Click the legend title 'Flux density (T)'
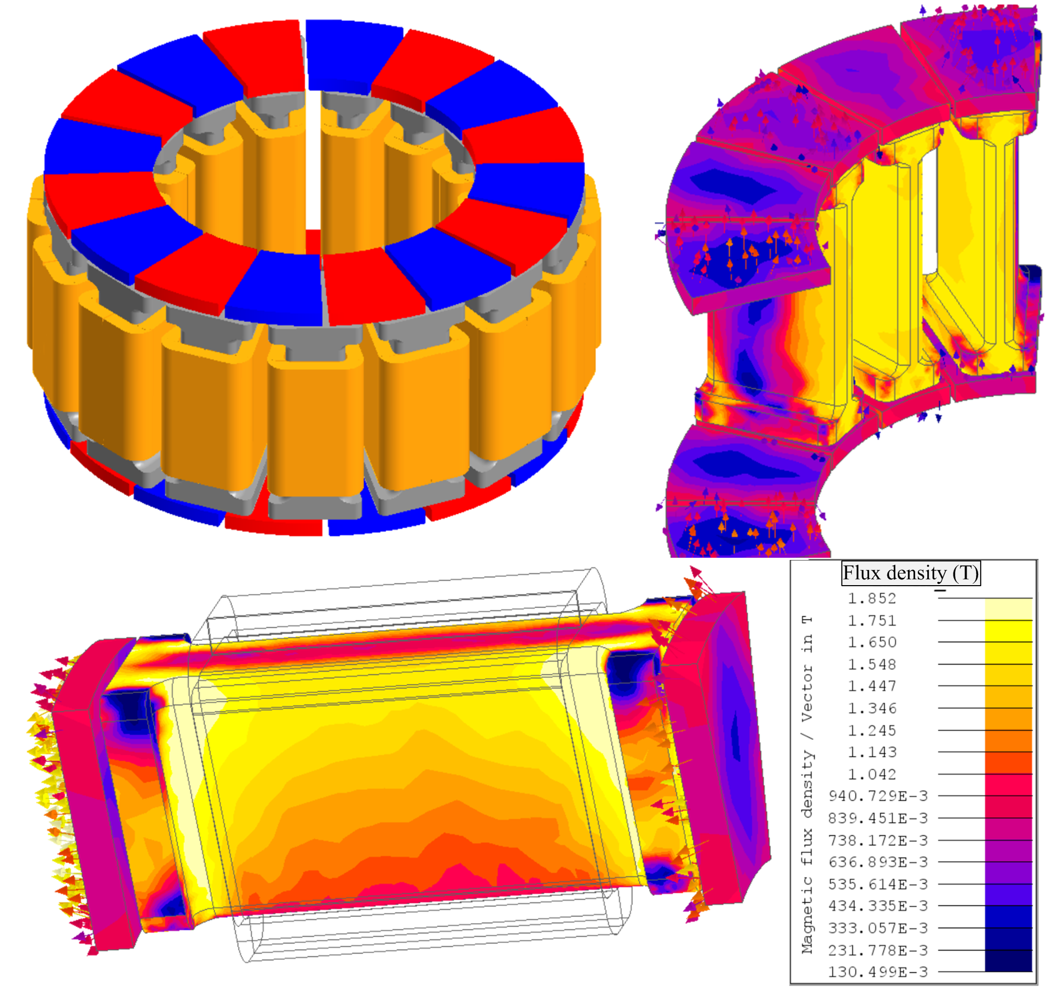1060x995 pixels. coord(910,573)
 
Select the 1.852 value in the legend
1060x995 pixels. coord(872,598)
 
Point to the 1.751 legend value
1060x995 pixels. coord(872,621)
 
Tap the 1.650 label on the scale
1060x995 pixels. coord(872,642)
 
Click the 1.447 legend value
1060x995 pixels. coord(872,686)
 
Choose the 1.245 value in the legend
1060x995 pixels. coord(872,731)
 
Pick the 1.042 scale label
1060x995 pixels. coord(872,774)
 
